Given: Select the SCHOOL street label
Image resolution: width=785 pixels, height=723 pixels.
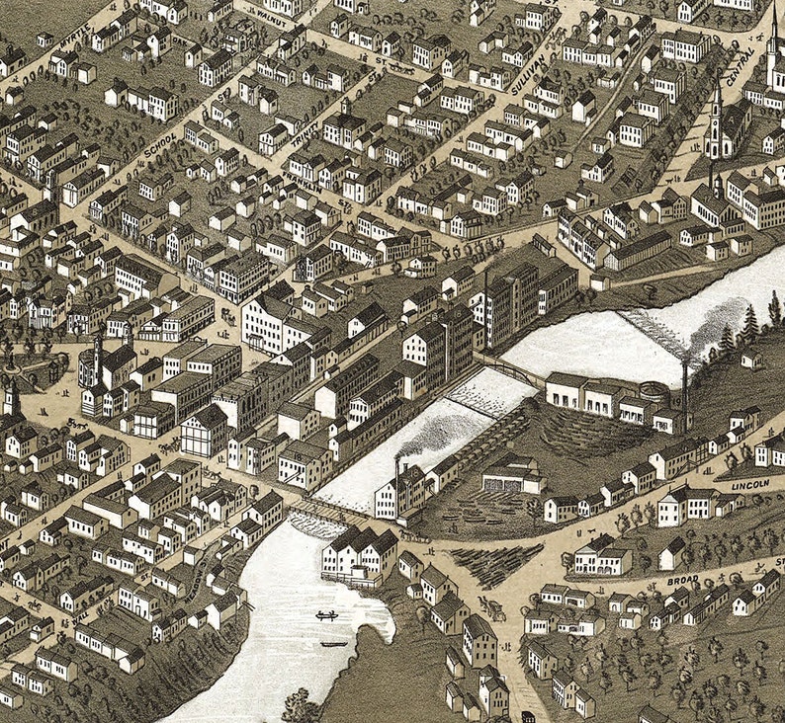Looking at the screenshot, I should click(x=158, y=147).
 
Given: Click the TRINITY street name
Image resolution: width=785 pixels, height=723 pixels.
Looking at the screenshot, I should click(x=305, y=133).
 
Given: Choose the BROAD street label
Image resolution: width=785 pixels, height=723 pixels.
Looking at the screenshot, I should click(x=682, y=580).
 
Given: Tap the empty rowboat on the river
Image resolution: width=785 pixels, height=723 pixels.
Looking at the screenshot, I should click(x=334, y=644).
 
